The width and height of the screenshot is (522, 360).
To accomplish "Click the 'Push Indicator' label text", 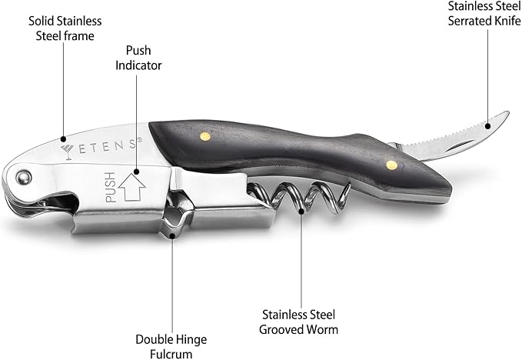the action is pyautogui.click(x=138, y=58).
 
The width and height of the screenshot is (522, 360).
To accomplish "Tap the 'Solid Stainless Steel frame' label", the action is pyautogui.click(x=65, y=28).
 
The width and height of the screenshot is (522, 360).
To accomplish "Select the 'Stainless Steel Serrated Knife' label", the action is pyautogui.click(x=484, y=13).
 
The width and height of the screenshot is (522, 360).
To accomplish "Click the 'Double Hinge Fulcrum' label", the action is pyautogui.click(x=171, y=346).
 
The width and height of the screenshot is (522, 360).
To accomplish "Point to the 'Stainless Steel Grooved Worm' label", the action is pyautogui.click(x=298, y=322).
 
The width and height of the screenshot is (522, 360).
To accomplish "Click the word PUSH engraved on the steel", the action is pyautogui.click(x=111, y=187).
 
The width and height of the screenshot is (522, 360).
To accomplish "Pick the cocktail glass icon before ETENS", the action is pyautogui.click(x=68, y=152).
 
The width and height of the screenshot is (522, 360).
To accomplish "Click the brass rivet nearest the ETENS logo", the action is pyautogui.click(x=205, y=136).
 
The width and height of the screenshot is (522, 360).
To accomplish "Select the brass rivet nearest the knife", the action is pyautogui.click(x=391, y=165).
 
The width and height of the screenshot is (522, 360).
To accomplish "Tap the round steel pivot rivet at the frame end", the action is pyautogui.click(x=24, y=177).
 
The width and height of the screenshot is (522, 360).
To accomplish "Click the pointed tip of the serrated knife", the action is pyautogui.click(x=508, y=112).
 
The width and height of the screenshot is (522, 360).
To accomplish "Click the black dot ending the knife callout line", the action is pyautogui.click(x=487, y=126).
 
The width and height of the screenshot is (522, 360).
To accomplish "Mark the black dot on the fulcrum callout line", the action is pyautogui.click(x=172, y=236).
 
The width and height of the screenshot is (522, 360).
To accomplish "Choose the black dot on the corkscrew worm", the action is pyautogui.click(x=301, y=211).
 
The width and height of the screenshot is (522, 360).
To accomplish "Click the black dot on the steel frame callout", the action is pyautogui.click(x=63, y=138).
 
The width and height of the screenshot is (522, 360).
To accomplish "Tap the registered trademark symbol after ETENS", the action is pyautogui.click(x=140, y=139).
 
